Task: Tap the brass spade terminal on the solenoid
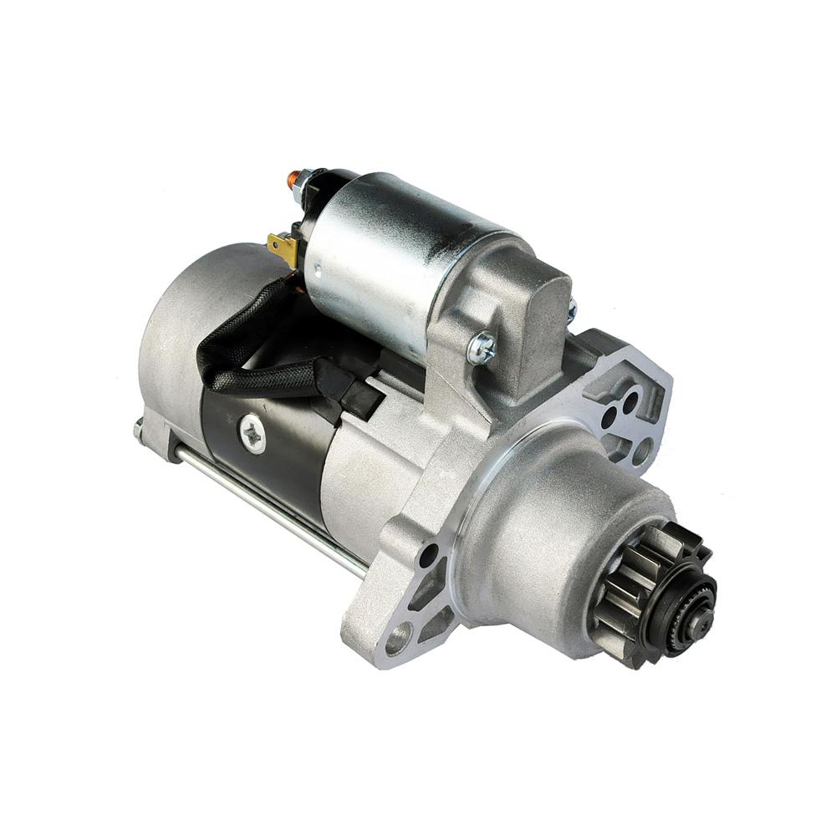click(x=282, y=247)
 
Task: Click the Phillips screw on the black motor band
click(x=252, y=434)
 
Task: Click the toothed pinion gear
click(x=635, y=585)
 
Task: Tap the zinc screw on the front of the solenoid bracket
click(x=482, y=347)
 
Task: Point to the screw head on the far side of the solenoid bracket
click(x=571, y=311)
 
